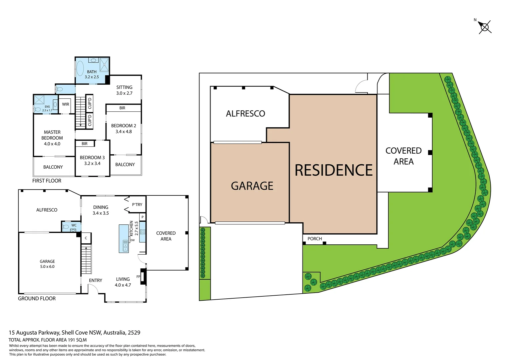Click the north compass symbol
click(485, 27)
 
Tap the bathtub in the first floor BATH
click(80, 69)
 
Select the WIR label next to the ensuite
click(66, 104)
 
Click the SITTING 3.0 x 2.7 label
click(124, 90)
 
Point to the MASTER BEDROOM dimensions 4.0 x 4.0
click(52, 144)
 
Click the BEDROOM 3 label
click(92, 158)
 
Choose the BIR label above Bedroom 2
click(122, 108)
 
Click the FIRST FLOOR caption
click(47, 181)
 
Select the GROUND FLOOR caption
click(37, 299)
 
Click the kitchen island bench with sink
click(124, 239)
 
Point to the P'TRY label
click(137, 205)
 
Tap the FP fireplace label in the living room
click(138, 277)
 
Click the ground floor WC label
click(74, 225)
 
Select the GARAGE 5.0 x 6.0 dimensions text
click(47, 267)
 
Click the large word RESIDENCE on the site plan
click(333, 170)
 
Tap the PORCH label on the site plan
click(314, 239)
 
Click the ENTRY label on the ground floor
click(96, 280)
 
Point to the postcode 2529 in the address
click(134, 333)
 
